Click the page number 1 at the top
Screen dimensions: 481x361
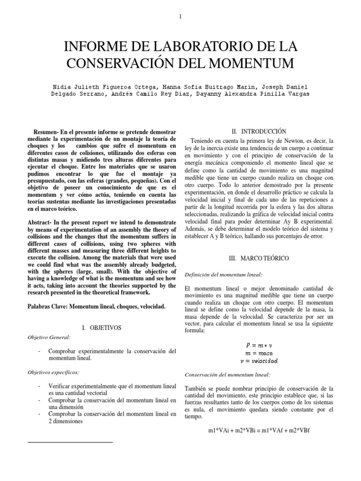point(180,17)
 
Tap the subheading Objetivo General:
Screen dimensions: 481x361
point(49,337)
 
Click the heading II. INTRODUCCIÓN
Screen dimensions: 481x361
point(259,131)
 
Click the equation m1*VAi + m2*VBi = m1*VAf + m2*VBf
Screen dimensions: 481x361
point(259,430)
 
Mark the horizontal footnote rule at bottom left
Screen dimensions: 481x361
point(71,442)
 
